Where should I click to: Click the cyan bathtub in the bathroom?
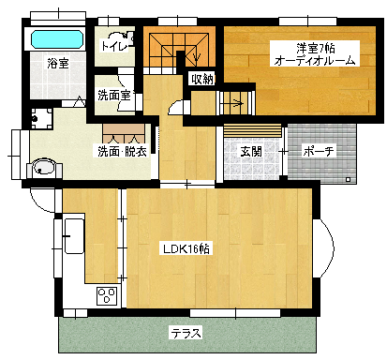58,39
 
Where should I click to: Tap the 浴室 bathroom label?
58,64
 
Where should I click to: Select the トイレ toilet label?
114,46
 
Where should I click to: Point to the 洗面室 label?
114,95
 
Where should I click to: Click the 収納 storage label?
202,80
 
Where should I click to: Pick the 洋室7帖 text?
316,48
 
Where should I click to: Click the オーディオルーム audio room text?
315,60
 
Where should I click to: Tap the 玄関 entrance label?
251,152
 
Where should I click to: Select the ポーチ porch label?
319,152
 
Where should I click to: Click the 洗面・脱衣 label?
123,151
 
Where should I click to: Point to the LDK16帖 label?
186,249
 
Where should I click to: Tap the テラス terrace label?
186,334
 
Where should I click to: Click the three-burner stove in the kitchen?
107,296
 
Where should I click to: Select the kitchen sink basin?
74,236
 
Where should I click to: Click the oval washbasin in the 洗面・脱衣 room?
44,167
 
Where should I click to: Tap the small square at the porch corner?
349,180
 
